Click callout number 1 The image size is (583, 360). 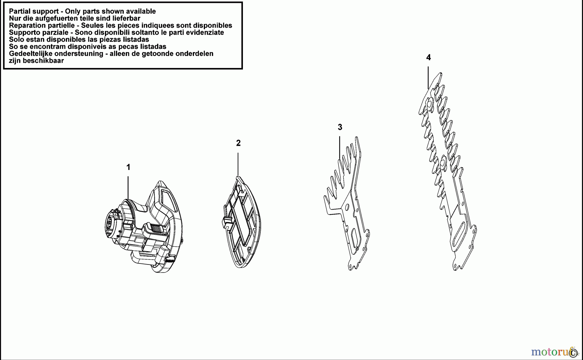click(128, 167)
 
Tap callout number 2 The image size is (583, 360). click(238, 143)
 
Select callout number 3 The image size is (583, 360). click(340, 127)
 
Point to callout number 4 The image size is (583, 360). click(429, 58)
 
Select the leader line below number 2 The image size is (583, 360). click(238, 164)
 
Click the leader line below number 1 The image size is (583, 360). click(128, 187)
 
